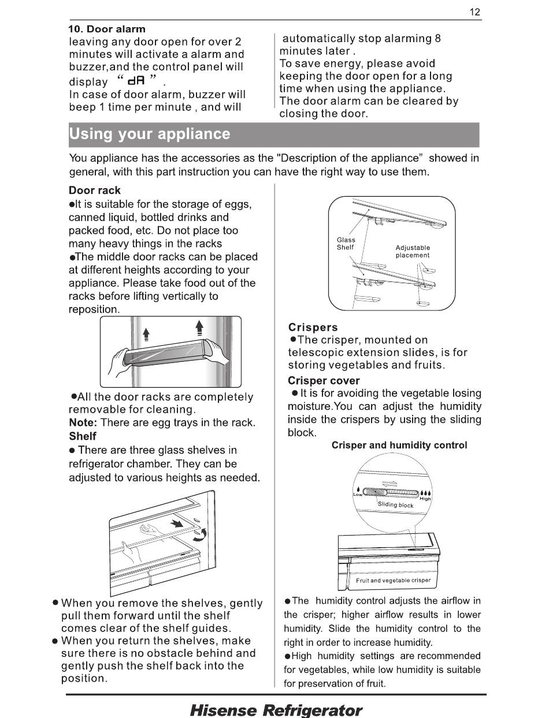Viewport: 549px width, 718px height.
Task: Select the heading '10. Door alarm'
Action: click(107, 29)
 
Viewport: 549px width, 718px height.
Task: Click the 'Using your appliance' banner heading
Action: click(150, 134)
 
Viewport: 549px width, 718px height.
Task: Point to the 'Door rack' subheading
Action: click(95, 190)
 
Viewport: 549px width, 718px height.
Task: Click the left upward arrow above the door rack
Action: click(146, 334)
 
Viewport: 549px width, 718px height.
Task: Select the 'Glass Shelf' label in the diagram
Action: click(346, 244)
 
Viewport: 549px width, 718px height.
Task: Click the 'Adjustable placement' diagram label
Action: click(413, 251)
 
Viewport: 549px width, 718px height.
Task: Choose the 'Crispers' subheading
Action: click(313, 327)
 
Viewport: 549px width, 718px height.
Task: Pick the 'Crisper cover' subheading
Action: click(324, 380)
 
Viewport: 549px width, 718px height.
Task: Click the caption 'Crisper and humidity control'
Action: click(399, 445)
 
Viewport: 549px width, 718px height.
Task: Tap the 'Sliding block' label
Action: click(396, 505)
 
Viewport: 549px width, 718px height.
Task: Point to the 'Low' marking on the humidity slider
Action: click(358, 494)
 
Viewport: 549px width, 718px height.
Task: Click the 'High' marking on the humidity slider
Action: click(425, 499)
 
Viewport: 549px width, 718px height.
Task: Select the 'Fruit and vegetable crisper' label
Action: click(394, 580)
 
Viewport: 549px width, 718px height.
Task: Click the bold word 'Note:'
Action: click(83, 422)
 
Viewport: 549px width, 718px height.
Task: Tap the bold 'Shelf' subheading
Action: click(83, 436)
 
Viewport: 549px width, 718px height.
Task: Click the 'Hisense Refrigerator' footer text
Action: click(276, 710)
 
